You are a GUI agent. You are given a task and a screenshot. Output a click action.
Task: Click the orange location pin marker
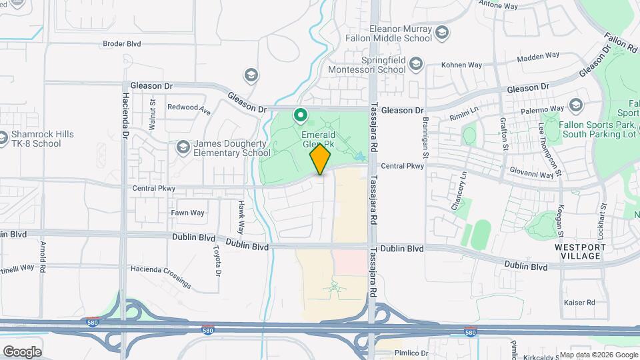pyautogui.click(x=320, y=159)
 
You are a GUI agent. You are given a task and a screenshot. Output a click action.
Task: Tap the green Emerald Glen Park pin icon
pyautogui.click(x=301, y=116)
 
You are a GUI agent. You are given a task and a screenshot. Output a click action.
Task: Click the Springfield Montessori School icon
pyautogui.click(x=416, y=64)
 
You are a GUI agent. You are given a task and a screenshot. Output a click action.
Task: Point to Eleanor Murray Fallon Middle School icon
pyautogui.click(x=441, y=33)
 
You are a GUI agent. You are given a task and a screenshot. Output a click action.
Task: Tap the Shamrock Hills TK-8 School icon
pyautogui.click(x=3, y=139)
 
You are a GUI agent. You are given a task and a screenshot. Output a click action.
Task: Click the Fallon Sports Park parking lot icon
pyautogui.click(x=575, y=105)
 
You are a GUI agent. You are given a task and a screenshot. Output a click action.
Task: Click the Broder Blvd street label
pyautogui.click(x=122, y=44)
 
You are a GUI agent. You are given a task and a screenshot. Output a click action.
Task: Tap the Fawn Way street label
pyautogui.click(x=187, y=213)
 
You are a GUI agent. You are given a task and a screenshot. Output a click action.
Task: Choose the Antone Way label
pyautogui.click(x=499, y=6)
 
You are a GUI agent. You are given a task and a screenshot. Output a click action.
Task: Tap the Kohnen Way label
pyautogui.click(x=462, y=65)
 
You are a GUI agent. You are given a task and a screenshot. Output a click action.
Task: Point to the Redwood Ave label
pyautogui.click(x=189, y=108)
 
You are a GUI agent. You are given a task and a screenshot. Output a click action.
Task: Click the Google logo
pyautogui.click(x=22, y=351)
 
